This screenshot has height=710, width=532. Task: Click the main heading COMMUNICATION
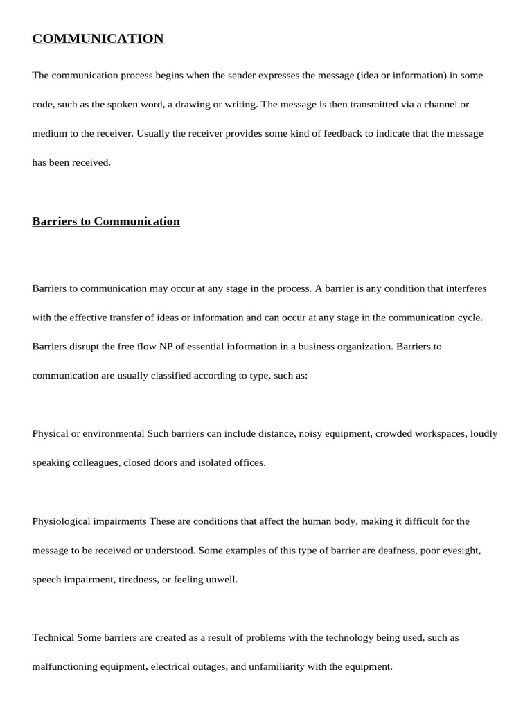pyautogui.click(x=98, y=39)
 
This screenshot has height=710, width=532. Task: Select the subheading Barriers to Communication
pyautogui.click(x=106, y=221)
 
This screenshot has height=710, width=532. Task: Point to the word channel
pyautogui.click(x=437, y=104)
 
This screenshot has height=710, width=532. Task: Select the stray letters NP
pyautogui.click(x=186, y=346)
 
